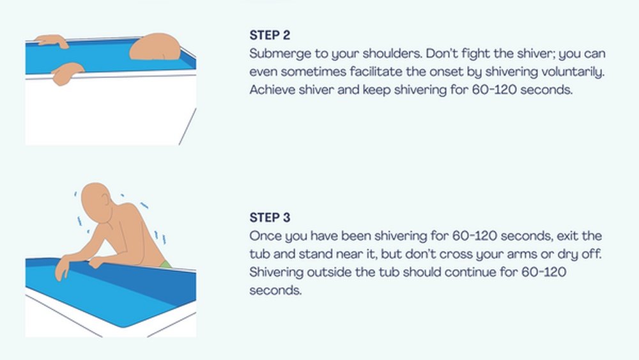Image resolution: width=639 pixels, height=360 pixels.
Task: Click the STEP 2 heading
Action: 270,35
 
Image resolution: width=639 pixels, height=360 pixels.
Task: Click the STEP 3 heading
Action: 270,217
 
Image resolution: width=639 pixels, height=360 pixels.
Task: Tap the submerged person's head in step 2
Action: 155,47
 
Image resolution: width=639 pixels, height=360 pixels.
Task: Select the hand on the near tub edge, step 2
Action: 67,73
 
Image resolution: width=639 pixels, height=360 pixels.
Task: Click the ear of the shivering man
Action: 106,200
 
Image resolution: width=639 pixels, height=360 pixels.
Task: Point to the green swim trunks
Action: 166,265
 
